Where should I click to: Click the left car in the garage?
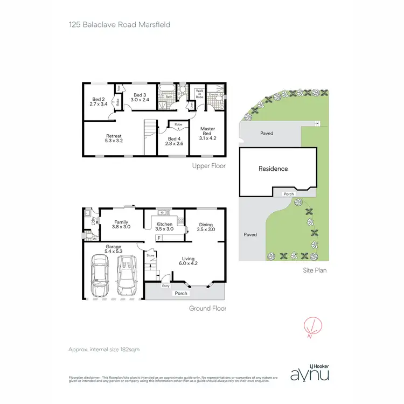[100, 276]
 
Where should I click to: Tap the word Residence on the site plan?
[273, 169]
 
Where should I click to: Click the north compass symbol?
[310, 326]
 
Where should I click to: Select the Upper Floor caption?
[208, 166]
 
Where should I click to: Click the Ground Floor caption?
[207, 309]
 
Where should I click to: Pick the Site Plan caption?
[314, 270]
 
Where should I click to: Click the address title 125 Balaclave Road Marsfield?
[120, 24]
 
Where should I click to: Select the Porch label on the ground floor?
[180, 294]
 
